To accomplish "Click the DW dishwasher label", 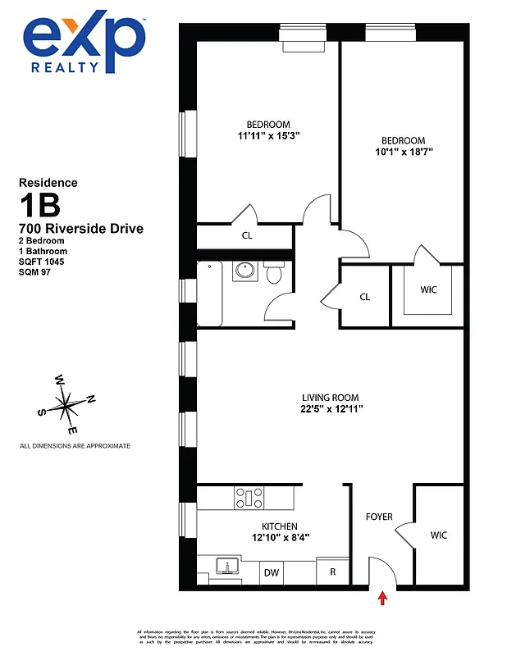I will tap(272, 573).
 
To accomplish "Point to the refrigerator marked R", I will tap(333, 572).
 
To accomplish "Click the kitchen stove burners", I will tap(249, 497).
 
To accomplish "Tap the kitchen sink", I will tap(227, 566).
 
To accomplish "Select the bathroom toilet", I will tap(276, 274).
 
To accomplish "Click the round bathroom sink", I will tap(244, 271).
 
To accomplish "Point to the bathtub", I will tap(212, 292).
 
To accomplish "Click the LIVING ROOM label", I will tap(329, 398).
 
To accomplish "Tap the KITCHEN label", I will tap(279, 526).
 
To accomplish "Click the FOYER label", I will tap(378, 517).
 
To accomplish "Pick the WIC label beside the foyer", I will tap(439, 535).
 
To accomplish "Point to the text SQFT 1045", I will tap(41, 262).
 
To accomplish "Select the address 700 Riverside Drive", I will tap(80, 228).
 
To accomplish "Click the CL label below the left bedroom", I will tap(247, 235).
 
